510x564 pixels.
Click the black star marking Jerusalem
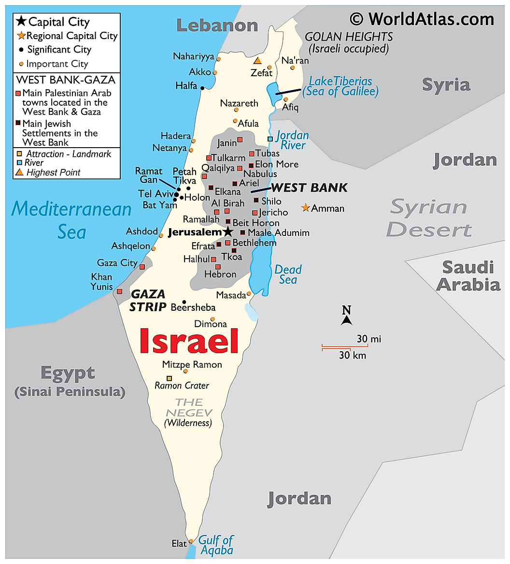point(228,232)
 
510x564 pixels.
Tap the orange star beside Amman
point(305,208)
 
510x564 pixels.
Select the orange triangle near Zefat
point(258,61)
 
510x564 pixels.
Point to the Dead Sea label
point(288,275)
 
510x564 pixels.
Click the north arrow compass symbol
point(346,316)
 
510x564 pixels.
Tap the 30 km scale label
point(353,356)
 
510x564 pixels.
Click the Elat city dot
point(191,541)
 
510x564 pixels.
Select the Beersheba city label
point(193,307)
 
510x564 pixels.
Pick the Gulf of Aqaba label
point(216,545)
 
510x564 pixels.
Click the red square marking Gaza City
point(142,267)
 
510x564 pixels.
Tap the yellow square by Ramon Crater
point(169,378)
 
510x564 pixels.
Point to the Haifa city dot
point(202,88)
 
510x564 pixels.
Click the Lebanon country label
point(217,25)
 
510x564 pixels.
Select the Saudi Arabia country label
point(468,276)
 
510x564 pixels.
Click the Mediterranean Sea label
point(71,220)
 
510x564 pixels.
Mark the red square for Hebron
point(218,267)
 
